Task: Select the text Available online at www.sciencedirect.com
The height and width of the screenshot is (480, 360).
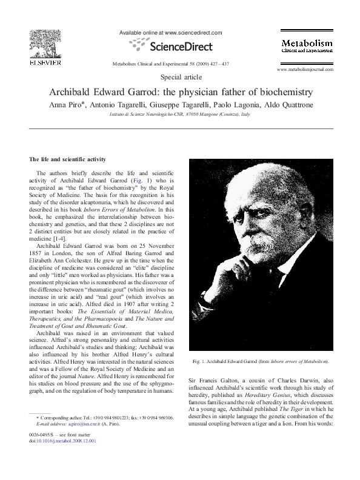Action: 180,32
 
